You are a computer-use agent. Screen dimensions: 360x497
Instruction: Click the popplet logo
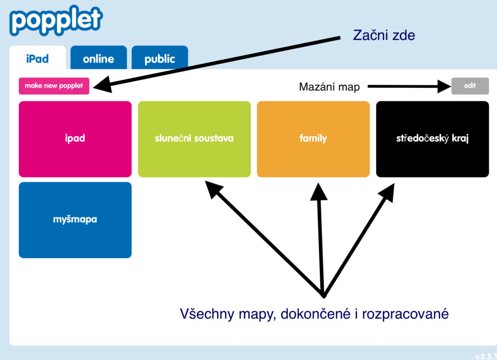pyautogui.click(x=56, y=20)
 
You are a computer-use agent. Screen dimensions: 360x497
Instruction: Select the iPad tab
pyautogui.click(x=37, y=59)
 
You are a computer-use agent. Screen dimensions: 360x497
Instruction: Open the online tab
pyautogui.click(x=99, y=59)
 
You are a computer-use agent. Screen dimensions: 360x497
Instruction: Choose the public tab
pyautogui.click(x=160, y=59)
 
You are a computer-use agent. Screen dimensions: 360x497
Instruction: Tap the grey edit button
pyautogui.click(x=469, y=86)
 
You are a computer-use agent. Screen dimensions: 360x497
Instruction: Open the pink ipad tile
pyautogui.click(x=75, y=139)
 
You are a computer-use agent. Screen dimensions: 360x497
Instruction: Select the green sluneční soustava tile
pyautogui.click(x=194, y=139)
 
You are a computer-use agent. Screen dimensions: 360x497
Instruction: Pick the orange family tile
pyautogui.click(x=313, y=139)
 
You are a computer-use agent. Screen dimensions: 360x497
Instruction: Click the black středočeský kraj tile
pyautogui.click(x=432, y=139)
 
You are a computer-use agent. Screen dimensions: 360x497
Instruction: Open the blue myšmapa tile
pyautogui.click(x=75, y=220)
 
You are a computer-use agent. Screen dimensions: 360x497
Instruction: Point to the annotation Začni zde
pyautogui.click(x=384, y=35)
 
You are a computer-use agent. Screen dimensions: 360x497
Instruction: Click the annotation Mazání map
pyautogui.click(x=329, y=87)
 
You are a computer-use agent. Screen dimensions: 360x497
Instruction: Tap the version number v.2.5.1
pyautogui.click(x=485, y=355)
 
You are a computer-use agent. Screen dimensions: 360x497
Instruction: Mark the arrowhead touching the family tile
pyautogui.click(x=319, y=190)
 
